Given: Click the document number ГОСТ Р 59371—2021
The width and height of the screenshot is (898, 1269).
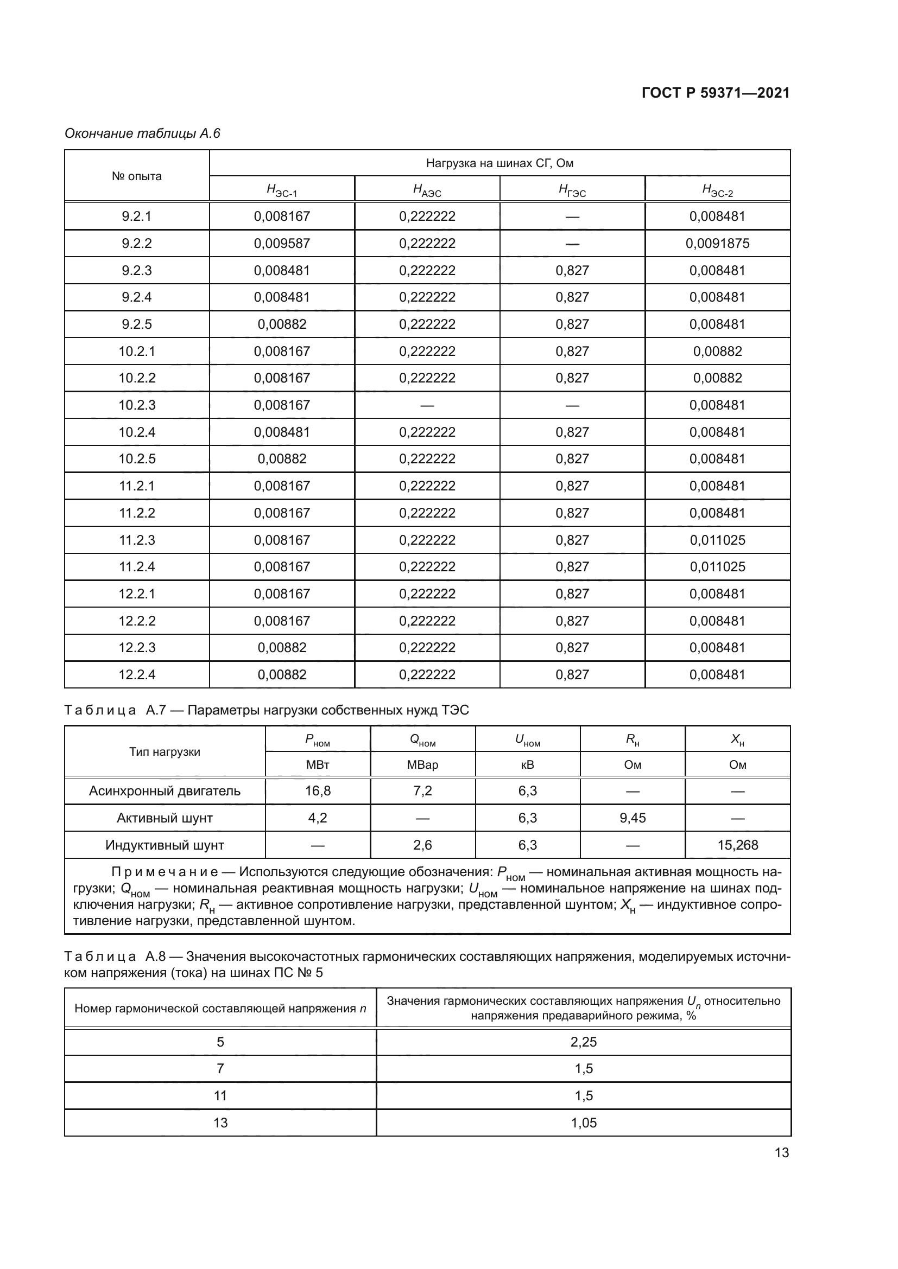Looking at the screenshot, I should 716,93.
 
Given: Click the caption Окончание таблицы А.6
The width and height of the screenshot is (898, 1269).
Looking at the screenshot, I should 143,133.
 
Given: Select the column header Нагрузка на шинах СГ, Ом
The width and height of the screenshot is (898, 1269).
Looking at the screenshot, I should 499,163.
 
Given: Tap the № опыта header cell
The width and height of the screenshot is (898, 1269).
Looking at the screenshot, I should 137,176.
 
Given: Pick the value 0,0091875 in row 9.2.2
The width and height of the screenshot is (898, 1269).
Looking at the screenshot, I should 717,243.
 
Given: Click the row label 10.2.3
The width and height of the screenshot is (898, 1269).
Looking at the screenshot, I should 137,405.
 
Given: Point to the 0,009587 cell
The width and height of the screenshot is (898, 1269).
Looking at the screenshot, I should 282,243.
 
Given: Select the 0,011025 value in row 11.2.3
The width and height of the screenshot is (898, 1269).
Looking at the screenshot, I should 717,540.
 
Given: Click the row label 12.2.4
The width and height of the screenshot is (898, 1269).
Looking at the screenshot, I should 137,674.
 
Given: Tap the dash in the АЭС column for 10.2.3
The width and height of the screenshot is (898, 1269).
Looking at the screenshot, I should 427,405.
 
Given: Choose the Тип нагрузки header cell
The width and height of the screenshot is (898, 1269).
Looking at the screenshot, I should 165,751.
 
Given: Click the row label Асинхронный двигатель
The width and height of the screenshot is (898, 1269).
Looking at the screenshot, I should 165,791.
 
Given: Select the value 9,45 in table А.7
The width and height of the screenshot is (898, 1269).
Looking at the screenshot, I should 633,818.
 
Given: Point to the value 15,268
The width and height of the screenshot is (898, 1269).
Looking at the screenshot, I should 738,845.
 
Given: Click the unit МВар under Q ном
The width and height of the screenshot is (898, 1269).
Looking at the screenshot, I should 422,765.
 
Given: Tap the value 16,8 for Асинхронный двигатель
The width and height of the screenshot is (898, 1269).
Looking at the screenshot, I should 318,791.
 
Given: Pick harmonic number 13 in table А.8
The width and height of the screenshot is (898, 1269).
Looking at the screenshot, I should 220,1123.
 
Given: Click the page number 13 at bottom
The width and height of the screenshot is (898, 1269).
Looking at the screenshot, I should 781,1153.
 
